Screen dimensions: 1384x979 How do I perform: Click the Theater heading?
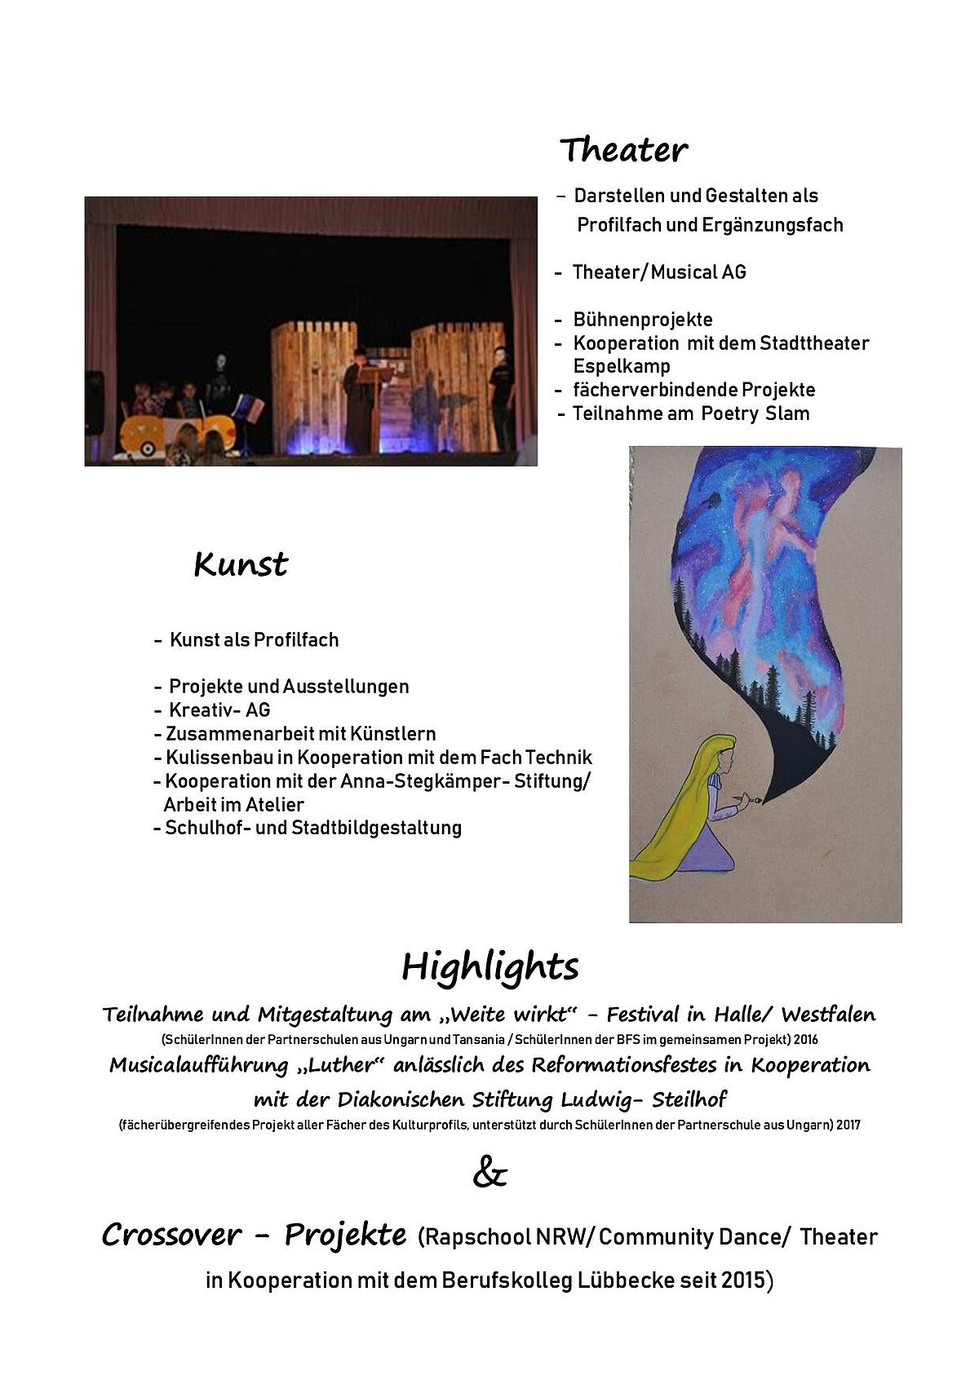[623, 150]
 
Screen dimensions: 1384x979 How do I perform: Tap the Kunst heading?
[241, 564]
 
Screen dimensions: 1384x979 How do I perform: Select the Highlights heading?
[490, 966]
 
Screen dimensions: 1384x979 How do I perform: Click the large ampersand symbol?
[490, 1175]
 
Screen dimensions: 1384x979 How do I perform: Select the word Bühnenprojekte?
[643, 320]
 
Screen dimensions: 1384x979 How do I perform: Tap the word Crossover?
[171, 1236]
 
